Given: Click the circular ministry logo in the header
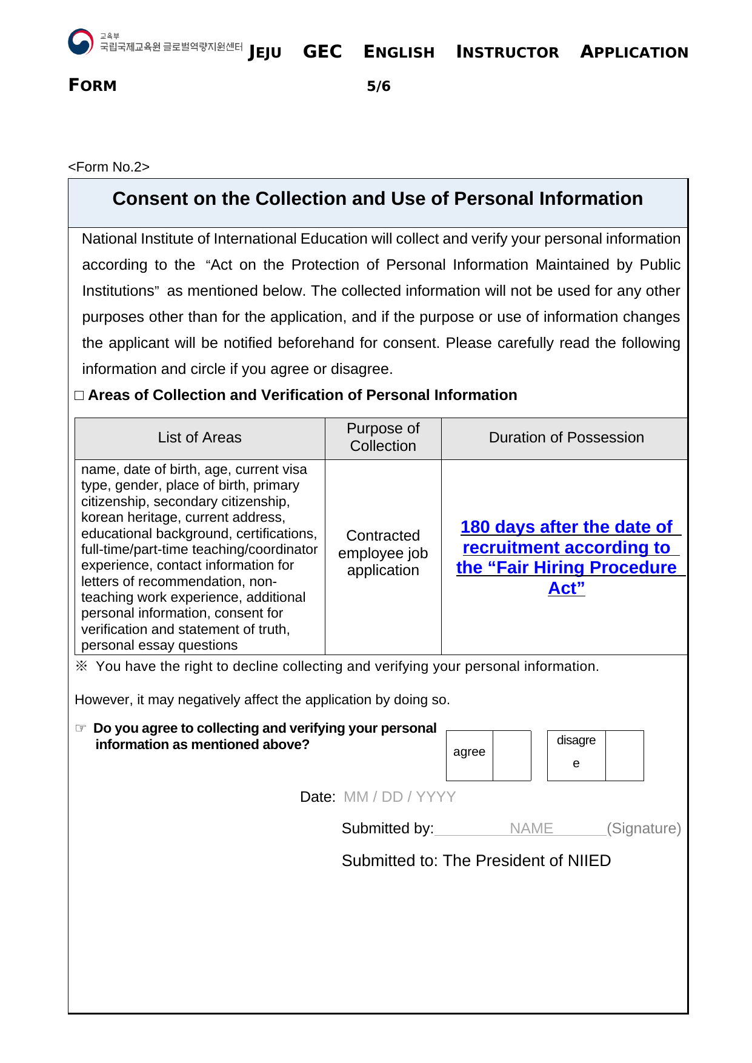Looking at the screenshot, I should (81, 42).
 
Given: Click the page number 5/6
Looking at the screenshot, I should (379, 86).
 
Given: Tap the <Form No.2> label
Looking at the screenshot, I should (108, 167).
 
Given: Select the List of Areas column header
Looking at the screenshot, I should (199, 438).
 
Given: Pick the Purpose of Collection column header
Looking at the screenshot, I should (383, 437).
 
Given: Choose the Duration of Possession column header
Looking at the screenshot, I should (566, 438).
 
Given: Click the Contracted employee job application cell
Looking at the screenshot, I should (383, 553).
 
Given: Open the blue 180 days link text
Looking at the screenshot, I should (566, 527).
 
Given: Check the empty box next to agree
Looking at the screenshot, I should (512, 755).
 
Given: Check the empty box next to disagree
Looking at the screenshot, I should (624, 755).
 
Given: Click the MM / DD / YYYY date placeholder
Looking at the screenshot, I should (399, 797).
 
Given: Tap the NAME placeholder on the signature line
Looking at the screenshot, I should (531, 828).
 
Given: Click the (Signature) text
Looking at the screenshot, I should (644, 828).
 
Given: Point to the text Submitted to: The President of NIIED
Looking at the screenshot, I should (476, 861).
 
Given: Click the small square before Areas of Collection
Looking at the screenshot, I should (79, 396).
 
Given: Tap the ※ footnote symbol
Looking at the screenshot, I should (81, 666).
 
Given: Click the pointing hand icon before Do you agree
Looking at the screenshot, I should (81, 728).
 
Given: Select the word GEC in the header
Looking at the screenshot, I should (322, 52).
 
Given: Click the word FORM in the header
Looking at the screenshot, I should (93, 85).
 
